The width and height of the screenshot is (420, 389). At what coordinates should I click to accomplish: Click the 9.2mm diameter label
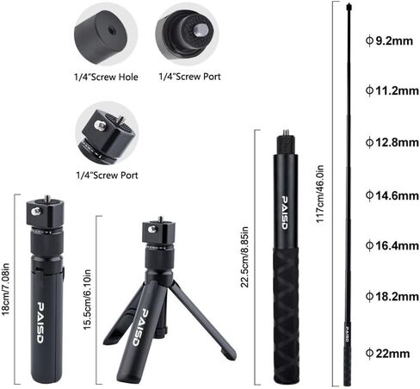click(x=389, y=40)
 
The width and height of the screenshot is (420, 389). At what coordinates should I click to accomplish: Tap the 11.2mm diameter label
click(x=392, y=90)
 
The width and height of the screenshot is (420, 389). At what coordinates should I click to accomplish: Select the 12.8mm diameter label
click(x=392, y=142)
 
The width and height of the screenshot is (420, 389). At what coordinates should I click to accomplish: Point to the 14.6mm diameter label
click(x=392, y=195)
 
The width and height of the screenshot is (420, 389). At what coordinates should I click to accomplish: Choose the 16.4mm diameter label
click(x=392, y=245)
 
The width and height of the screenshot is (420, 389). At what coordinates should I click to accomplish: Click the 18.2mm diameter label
click(x=392, y=296)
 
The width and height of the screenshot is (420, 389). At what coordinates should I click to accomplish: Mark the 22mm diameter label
click(x=387, y=353)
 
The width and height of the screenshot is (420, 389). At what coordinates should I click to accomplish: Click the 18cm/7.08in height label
click(x=5, y=289)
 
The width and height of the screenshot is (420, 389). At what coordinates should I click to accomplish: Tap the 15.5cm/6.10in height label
click(x=87, y=299)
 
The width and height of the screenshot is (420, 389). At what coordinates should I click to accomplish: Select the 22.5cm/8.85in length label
click(x=244, y=257)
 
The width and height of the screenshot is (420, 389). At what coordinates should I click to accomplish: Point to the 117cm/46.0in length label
click(x=319, y=194)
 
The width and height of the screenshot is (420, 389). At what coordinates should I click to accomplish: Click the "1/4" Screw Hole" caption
click(x=106, y=77)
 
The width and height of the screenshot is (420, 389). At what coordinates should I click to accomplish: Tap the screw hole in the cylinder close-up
click(x=111, y=30)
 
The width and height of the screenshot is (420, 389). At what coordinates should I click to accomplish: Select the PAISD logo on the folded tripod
click(x=40, y=323)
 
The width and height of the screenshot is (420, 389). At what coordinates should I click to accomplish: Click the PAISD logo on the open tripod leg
click(x=140, y=327)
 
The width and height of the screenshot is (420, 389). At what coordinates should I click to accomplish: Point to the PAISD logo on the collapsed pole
click(x=284, y=213)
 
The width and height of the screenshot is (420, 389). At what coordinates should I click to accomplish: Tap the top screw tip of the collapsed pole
click(x=286, y=132)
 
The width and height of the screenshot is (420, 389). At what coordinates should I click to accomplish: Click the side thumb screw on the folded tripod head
click(x=36, y=211)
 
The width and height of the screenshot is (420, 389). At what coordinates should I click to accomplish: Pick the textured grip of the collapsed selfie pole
click(x=286, y=316)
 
